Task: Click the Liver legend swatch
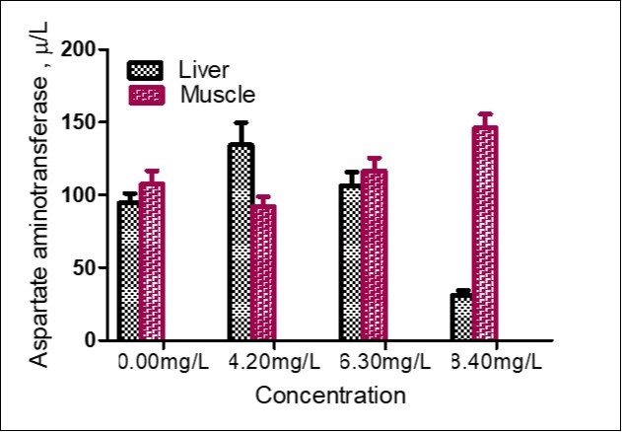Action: coord(145,70)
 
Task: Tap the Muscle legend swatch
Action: coord(145,95)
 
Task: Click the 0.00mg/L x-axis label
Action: coord(161,362)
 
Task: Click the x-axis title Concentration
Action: coord(330,396)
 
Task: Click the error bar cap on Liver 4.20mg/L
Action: coord(241,122)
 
